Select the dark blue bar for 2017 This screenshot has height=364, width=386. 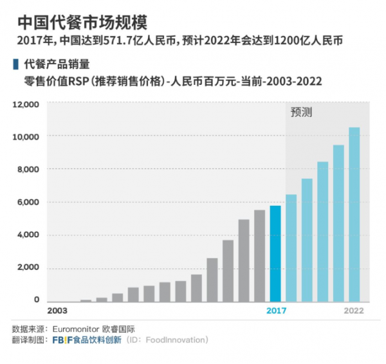(x=275, y=253)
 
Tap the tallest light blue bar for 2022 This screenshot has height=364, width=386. (x=354, y=214)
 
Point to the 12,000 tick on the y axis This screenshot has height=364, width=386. (x=26, y=104)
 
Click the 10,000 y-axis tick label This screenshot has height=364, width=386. (x=26, y=137)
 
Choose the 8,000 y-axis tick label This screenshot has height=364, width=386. (x=28, y=170)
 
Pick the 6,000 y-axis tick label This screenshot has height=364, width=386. (x=28, y=203)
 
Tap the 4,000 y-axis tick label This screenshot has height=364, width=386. (x=28, y=235)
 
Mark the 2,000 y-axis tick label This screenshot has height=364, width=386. (x=28, y=268)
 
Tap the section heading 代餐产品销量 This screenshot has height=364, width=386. (x=56, y=64)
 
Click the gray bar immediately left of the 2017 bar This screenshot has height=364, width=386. (x=259, y=256)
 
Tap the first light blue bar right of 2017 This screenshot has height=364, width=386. (x=291, y=248)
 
